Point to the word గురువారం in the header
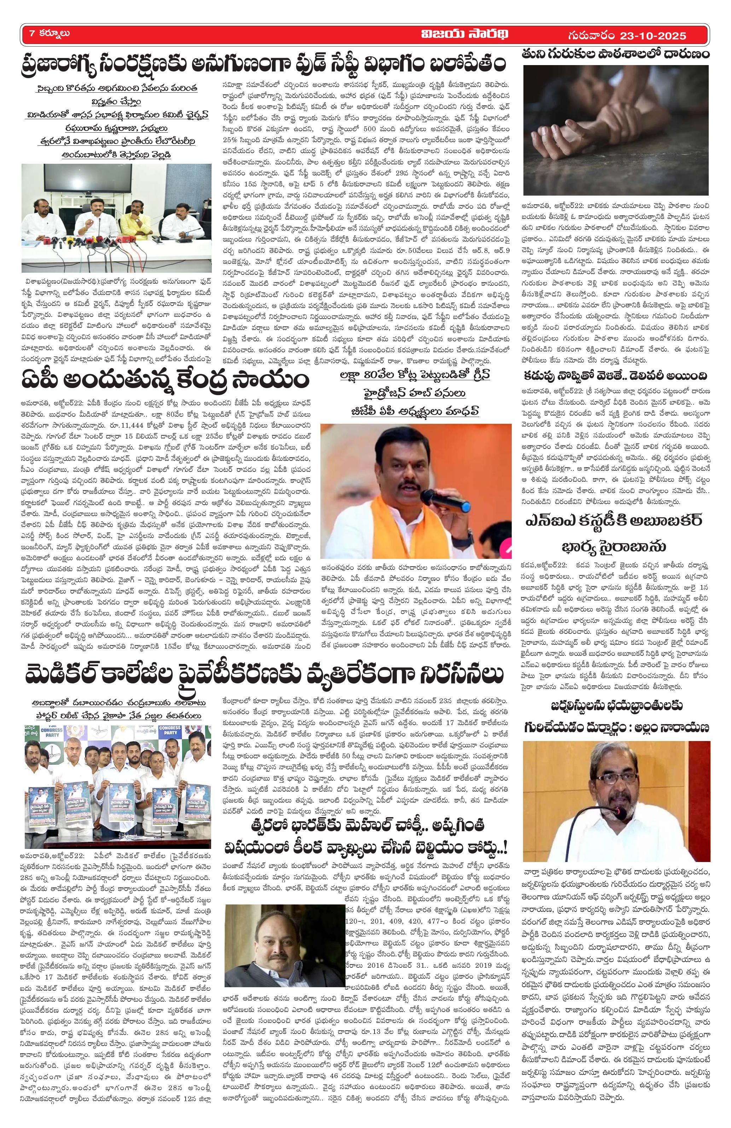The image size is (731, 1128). tap(594, 35)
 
